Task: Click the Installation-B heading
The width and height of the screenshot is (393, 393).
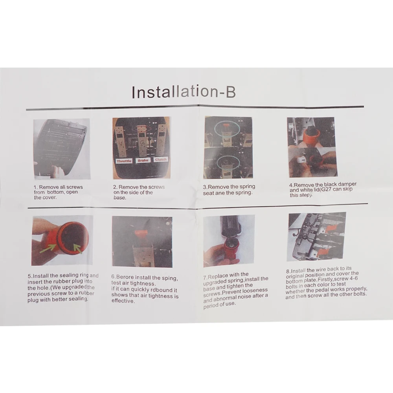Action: pyautogui.click(x=184, y=92)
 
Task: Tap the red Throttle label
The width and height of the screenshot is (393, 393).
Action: pyautogui.click(x=124, y=161)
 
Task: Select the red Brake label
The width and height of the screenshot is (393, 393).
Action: pyautogui.click(x=143, y=160)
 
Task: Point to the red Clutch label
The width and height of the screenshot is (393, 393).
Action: pyautogui.click(x=161, y=160)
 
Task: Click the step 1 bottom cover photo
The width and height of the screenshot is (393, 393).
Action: pyautogui.click(x=61, y=149)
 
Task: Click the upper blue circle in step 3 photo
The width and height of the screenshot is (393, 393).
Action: pyautogui.click(x=227, y=128)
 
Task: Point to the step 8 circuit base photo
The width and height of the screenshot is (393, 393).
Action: pyautogui.click(x=317, y=237)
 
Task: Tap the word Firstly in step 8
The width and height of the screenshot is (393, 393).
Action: pyautogui.click(x=326, y=279)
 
